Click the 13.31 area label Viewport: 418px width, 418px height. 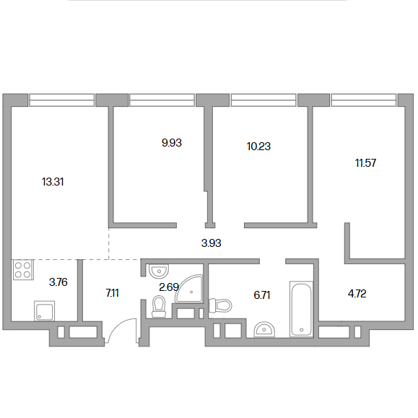click(x=53, y=182)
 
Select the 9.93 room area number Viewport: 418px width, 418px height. click(x=172, y=143)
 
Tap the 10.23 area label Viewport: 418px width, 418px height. click(x=258, y=147)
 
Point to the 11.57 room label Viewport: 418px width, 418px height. click(x=365, y=163)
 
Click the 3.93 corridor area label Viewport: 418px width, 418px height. click(x=211, y=243)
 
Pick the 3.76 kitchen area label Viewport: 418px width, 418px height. click(x=58, y=282)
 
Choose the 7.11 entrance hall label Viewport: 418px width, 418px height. click(x=112, y=293)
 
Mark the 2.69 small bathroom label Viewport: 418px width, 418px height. click(x=169, y=287)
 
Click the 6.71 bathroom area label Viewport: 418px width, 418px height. click(x=262, y=295)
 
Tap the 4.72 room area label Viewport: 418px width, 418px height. click(x=357, y=294)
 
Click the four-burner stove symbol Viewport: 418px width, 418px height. click(x=23, y=270)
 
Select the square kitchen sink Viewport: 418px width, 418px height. click(x=44, y=311)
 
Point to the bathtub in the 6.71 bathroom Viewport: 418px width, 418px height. click(x=301, y=309)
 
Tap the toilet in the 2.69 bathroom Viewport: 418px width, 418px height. click(x=158, y=307)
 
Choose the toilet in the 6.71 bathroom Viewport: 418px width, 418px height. click(x=220, y=305)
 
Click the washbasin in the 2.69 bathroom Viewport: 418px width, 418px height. click(x=159, y=271)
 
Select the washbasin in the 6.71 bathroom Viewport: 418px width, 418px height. click(x=264, y=329)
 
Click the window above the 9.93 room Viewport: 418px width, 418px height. click(x=162, y=100)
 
